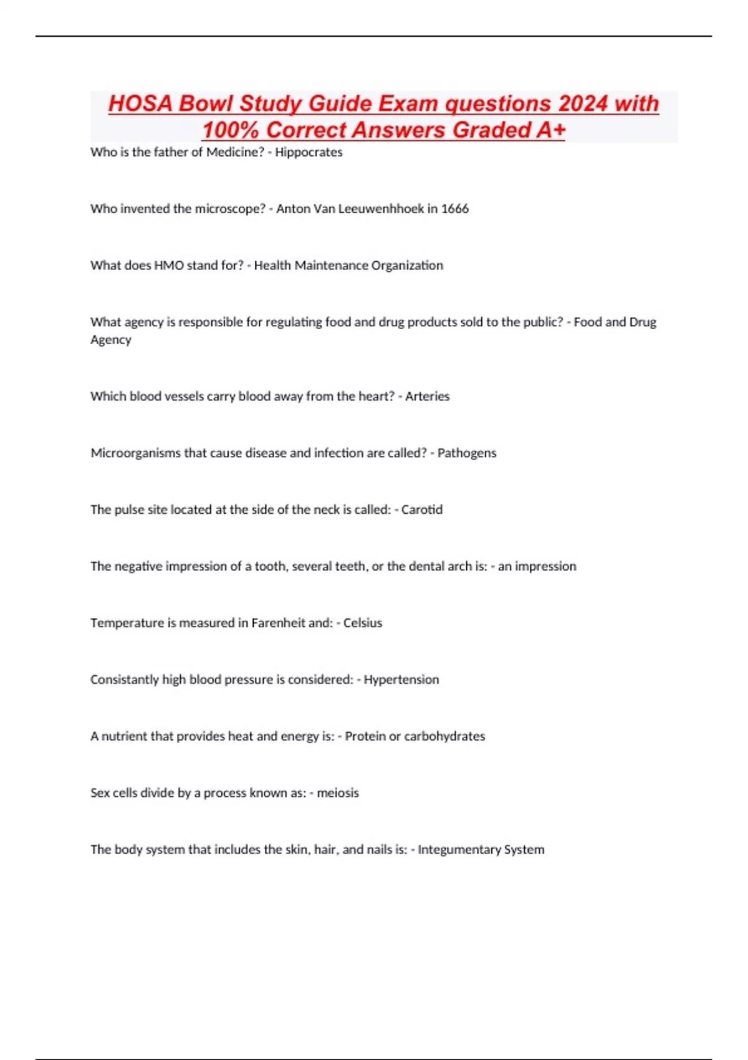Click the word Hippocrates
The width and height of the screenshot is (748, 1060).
pos(309,152)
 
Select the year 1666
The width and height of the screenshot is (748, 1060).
pos(455,209)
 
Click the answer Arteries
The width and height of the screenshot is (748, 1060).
pos(427,397)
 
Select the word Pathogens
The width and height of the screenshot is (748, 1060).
pos(467,453)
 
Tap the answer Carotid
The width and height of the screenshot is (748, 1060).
pos(422,510)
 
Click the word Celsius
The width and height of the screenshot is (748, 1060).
pos(363,623)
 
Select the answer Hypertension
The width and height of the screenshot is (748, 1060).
pos(401,680)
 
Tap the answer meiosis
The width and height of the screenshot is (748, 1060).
pos(338,793)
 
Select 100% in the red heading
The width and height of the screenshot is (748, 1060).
pos(231,130)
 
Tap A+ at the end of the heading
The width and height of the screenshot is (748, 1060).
pos(550,130)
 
